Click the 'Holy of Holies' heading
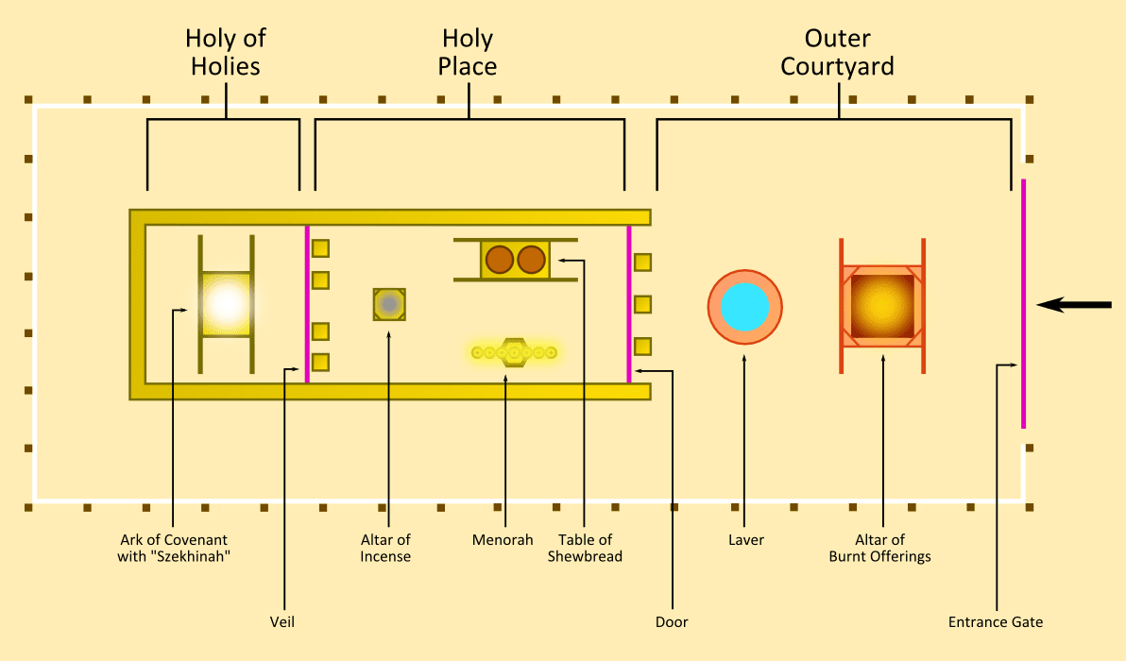[226, 53]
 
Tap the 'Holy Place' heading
[469, 53]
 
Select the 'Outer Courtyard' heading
[837, 53]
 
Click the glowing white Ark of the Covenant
[226, 304]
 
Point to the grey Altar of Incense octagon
[389, 304]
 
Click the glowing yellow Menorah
[515, 353]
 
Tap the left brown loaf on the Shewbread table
[499, 259]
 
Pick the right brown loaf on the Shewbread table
[532, 259]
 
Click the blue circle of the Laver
[744, 307]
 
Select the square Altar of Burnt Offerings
[882, 306]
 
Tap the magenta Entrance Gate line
[1023, 302]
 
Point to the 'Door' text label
[672, 622]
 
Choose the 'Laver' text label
[746, 540]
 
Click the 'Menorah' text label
[503, 540]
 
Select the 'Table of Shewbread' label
[585, 549]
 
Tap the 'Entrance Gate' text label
[996, 622]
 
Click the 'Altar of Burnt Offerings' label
[880, 549]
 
